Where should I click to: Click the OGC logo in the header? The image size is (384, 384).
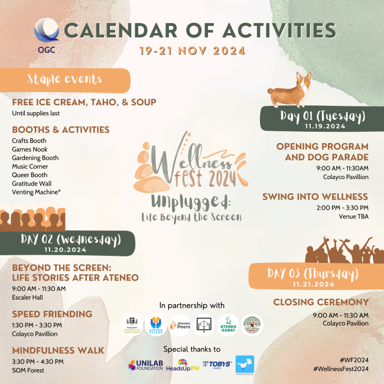pos(47,34)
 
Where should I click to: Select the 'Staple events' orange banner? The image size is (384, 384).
pos(65,79)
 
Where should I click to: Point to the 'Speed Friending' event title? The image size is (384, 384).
pos(52,314)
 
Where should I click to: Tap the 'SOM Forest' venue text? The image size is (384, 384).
pos(28,370)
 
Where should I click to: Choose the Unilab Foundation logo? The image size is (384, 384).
pos(145,365)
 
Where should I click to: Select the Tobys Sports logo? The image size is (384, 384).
pos(216,365)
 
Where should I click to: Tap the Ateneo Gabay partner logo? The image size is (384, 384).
pos(227,324)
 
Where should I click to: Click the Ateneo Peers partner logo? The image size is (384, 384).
pos(180,324)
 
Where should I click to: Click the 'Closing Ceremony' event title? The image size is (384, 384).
pos(321,302)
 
